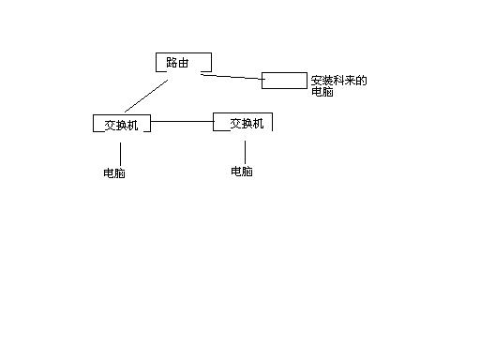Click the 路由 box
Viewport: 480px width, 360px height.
183,63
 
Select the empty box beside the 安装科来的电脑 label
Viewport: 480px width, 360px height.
283,80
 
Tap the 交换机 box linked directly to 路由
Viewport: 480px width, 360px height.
121,124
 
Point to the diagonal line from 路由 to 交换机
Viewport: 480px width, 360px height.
145,97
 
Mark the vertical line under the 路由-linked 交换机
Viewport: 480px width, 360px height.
121,154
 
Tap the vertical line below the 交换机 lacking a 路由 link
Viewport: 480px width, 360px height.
245,150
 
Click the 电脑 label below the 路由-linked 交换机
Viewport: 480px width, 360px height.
114,174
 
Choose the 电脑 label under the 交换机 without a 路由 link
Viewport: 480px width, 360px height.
242,172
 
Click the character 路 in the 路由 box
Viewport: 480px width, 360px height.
172,63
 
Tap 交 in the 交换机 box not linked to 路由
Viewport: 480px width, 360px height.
235,123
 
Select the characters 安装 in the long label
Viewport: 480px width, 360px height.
322,81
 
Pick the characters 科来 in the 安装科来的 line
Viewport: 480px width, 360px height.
344,81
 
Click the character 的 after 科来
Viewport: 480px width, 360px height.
361,81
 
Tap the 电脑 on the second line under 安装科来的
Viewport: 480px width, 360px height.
322,93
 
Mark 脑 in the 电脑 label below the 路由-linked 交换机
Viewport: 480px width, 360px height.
120,174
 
